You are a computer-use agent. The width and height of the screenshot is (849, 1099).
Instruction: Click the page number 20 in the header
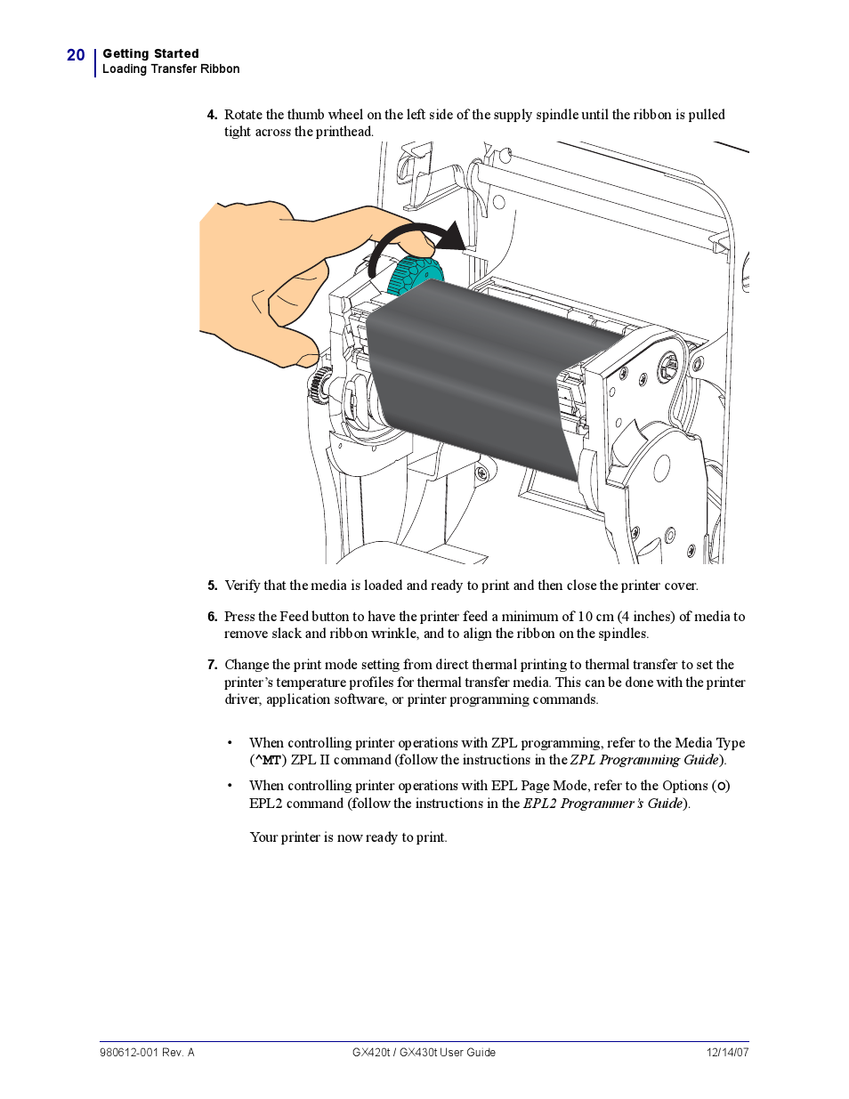pyautogui.click(x=76, y=55)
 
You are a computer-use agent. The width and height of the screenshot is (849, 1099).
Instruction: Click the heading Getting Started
pyautogui.click(x=150, y=53)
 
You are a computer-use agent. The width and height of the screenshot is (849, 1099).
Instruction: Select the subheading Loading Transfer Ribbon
pyautogui.click(x=171, y=69)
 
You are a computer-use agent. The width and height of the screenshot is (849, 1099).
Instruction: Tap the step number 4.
pyautogui.click(x=212, y=115)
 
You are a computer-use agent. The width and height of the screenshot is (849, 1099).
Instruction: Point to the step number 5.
pyautogui.click(x=212, y=586)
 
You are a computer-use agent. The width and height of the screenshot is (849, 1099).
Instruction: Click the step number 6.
pyautogui.click(x=212, y=617)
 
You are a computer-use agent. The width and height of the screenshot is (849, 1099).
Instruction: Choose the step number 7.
pyautogui.click(x=212, y=665)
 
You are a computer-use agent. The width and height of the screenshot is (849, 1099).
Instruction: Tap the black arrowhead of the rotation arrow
pyautogui.click(x=453, y=237)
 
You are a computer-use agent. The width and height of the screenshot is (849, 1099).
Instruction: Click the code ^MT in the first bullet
pyautogui.click(x=268, y=761)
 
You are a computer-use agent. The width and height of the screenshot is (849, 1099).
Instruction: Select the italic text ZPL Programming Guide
pyautogui.click(x=644, y=760)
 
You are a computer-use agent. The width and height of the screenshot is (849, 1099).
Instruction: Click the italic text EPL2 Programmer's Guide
pyautogui.click(x=602, y=804)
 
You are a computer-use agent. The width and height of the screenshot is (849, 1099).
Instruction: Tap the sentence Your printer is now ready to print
pyautogui.click(x=348, y=837)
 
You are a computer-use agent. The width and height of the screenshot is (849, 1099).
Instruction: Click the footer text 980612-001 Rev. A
pyautogui.click(x=147, y=1053)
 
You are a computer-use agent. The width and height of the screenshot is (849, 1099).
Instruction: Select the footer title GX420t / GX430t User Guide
pyautogui.click(x=424, y=1053)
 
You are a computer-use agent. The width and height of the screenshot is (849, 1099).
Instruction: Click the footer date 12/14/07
pyautogui.click(x=727, y=1053)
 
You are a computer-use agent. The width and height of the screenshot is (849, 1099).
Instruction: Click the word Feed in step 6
pyautogui.click(x=294, y=617)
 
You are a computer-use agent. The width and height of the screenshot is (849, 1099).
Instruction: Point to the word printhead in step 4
pyautogui.click(x=344, y=132)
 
